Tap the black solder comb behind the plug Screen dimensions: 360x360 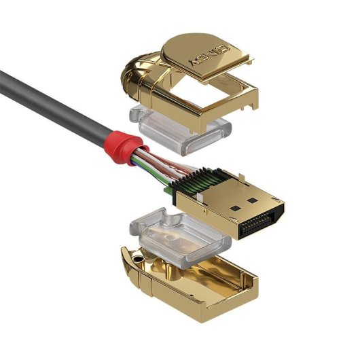click(194, 181)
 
